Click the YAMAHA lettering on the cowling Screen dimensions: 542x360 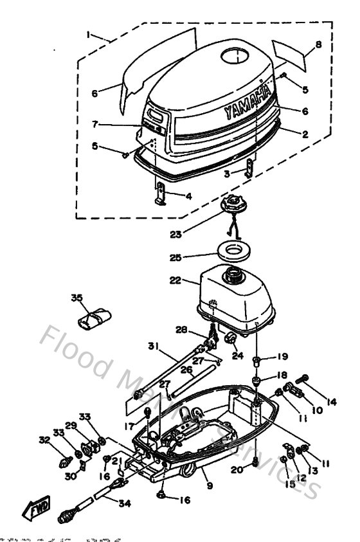248,102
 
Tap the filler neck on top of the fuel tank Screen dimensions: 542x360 231,278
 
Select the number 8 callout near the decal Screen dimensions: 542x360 318,44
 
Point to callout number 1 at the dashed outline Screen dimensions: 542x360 90,33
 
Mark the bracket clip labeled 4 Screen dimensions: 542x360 161,193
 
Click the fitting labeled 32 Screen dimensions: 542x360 66,462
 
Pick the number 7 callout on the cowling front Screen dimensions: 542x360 96,123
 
